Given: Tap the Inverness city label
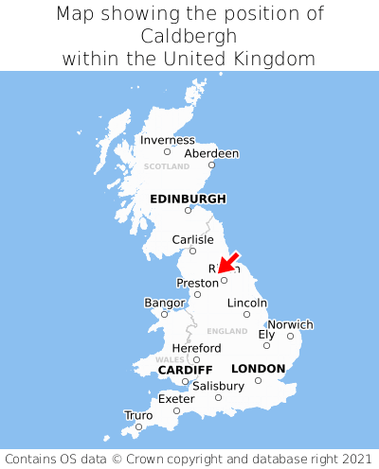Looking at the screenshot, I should coord(168,140).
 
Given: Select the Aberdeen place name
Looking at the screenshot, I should coord(211,153).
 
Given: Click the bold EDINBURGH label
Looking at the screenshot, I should coord(188,199).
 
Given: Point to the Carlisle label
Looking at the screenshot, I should coord(193,239).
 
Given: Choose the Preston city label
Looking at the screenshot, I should coord(197,283).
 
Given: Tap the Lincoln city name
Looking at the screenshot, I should coord(247,303).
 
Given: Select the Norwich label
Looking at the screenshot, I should coord(290,324).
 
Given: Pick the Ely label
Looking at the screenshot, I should coord(266,334).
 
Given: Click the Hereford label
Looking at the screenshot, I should coord(196,348).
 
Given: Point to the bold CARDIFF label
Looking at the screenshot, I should coord(185,369).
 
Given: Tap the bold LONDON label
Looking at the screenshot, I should coord(258,369).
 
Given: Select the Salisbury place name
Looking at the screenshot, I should coord(218,386).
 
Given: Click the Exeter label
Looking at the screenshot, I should coord(176,399).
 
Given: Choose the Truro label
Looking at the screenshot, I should coord(138,415).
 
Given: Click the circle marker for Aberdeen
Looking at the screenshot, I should coord(212,165).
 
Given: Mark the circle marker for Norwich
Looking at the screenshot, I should coord(291,336).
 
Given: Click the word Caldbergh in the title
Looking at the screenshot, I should coord(189,36).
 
